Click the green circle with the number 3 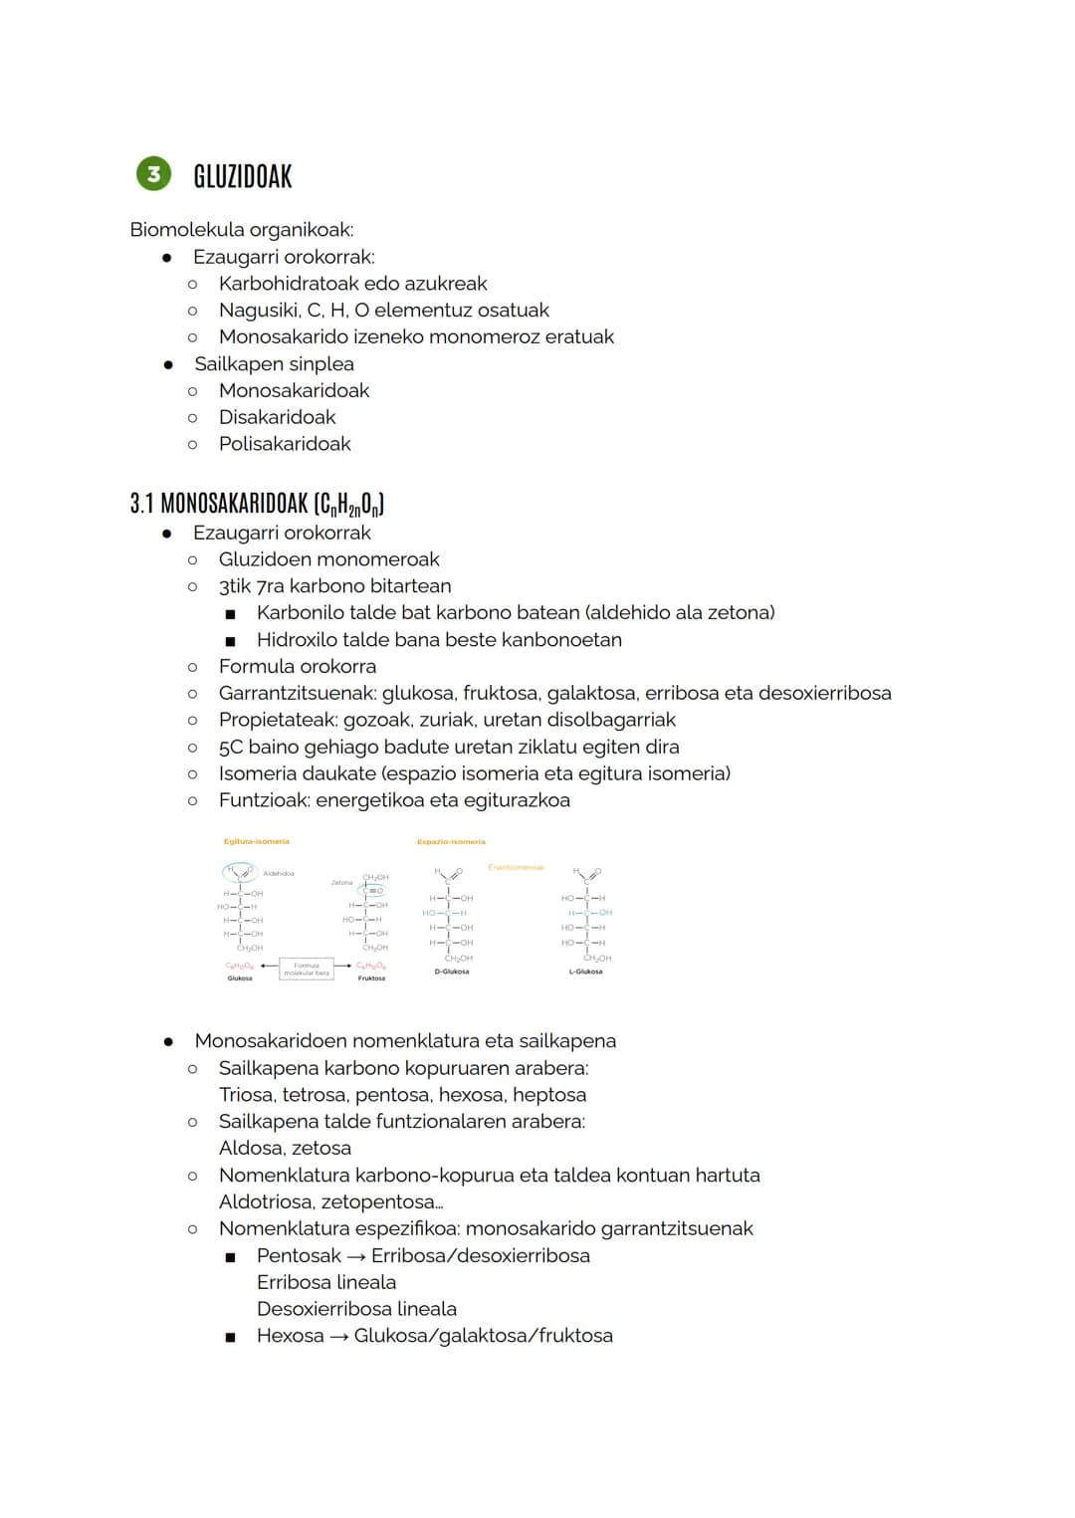153,174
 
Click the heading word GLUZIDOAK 243,177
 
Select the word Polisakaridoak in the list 285,444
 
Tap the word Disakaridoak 277,417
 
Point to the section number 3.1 141,504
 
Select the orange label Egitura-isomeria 257,841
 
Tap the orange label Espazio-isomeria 451,842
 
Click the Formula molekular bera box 307,969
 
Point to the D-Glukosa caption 452,972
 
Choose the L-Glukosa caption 585,972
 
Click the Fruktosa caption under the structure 371,978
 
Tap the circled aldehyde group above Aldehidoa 239,872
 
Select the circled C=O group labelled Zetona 374,891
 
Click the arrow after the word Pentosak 356,1257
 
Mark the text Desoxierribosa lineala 356,1309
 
